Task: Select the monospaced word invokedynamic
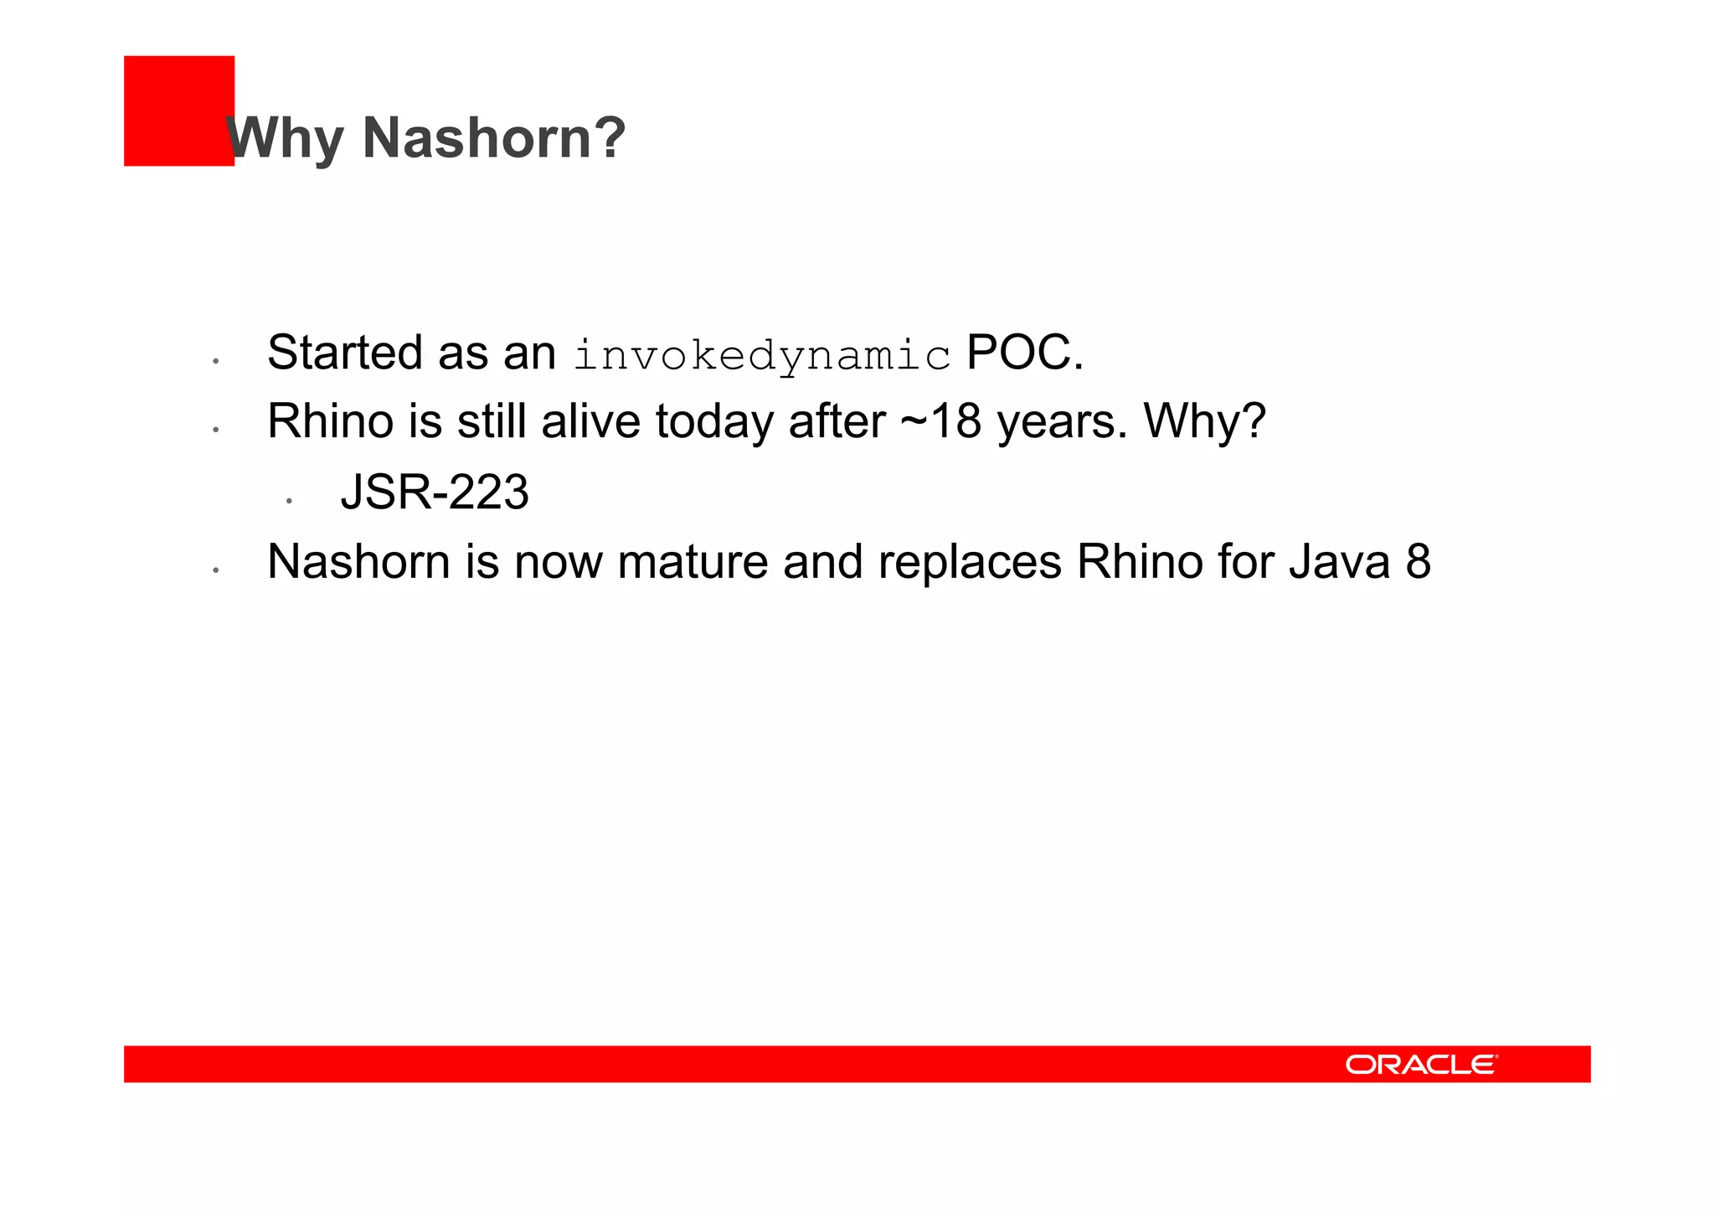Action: click(762, 355)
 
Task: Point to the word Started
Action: click(344, 353)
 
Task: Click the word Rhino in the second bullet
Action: click(330, 421)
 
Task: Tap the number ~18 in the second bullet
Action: click(940, 421)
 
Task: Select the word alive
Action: click(590, 421)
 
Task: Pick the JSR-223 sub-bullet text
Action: click(435, 493)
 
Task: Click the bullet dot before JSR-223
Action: click(289, 501)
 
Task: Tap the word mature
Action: click(693, 562)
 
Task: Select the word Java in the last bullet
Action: click(1340, 562)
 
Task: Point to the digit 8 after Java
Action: click(1419, 562)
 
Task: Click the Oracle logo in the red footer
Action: click(1421, 1065)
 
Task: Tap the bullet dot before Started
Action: click(216, 361)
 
